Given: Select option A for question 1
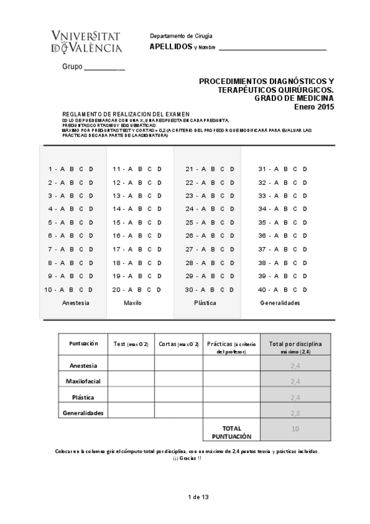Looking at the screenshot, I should (62, 169).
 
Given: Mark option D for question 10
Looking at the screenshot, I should (91, 290).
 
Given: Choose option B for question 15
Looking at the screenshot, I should (139, 222).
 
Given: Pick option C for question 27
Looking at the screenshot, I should (223, 250).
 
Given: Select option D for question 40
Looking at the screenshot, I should (305, 290).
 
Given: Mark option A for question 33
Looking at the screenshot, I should (276, 196).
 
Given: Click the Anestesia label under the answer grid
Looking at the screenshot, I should (76, 303).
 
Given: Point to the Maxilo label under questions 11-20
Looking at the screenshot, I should (133, 303).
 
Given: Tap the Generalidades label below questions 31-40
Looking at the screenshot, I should (280, 303).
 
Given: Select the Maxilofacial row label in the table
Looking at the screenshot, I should (83, 381).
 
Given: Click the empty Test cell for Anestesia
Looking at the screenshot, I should (131, 365).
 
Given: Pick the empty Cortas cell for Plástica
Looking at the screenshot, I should (179, 397).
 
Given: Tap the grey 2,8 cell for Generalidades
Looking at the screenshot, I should (295, 413).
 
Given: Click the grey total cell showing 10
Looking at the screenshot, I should (295, 428).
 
